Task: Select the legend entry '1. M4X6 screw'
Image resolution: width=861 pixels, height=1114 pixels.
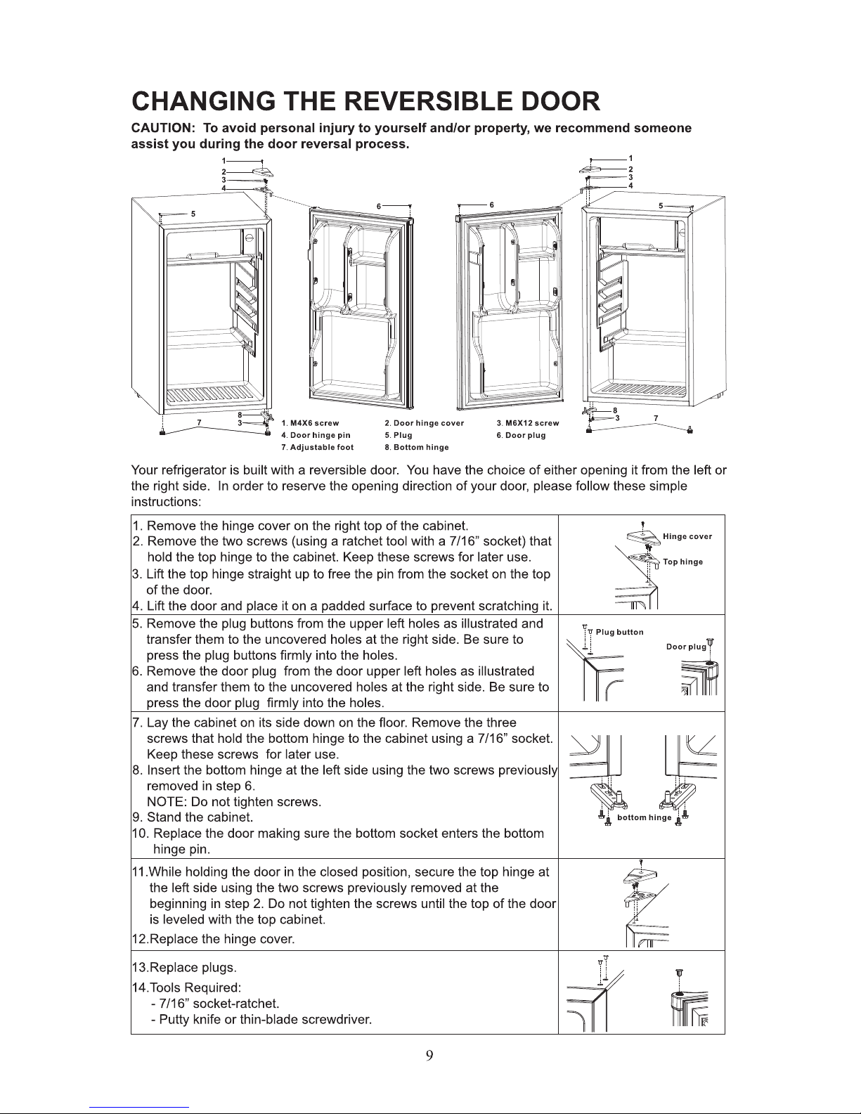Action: pos(310,424)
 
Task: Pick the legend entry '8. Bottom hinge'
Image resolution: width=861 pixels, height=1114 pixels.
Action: pos(416,447)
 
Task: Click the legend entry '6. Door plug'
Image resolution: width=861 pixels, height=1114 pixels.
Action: pos(520,436)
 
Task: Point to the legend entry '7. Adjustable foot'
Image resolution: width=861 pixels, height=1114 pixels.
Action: pos(317,447)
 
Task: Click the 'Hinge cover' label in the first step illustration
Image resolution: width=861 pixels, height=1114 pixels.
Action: pos(687,536)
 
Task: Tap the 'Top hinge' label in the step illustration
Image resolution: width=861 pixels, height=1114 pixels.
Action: pos(682,562)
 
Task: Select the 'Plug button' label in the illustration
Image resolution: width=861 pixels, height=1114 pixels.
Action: pos(619,632)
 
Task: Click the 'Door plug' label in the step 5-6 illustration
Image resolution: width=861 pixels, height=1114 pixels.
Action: pos(685,647)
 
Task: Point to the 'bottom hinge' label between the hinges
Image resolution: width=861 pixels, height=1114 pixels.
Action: pos(644,818)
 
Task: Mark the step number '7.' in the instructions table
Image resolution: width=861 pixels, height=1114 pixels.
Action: pos(138,723)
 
